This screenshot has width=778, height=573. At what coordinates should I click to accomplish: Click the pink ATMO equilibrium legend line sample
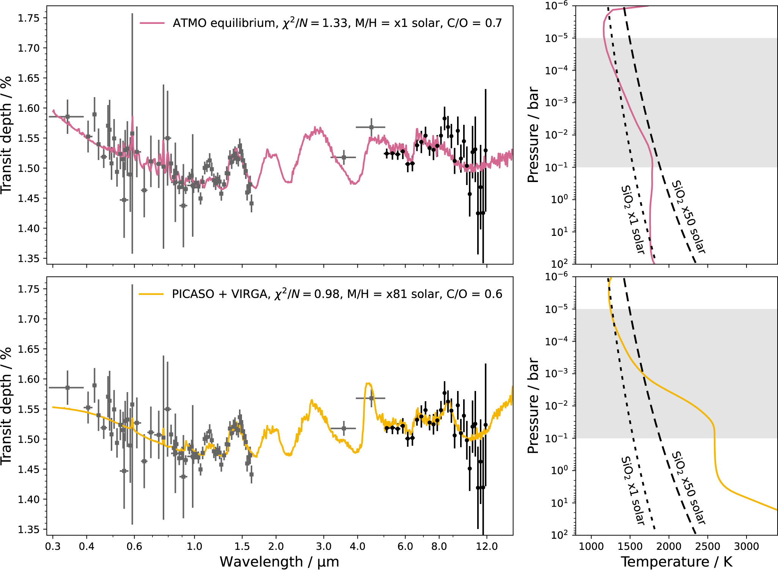[x=152, y=23]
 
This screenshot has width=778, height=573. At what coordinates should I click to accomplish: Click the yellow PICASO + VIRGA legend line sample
[x=151, y=294]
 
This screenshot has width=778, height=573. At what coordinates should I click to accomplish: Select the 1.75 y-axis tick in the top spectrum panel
[x=29, y=18]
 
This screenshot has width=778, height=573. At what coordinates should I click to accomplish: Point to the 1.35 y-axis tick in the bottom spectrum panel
[x=29, y=529]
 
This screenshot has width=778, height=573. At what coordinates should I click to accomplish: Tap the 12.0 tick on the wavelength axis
[x=487, y=546]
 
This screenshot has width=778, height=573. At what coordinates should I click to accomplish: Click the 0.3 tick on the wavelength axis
[x=53, y=546]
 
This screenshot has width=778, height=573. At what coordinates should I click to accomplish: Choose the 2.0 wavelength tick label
[x=276, y=546]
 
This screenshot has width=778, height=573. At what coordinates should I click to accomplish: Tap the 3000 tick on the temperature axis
[x=747, y=546]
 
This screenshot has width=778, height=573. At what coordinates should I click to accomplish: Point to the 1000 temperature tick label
[x=591, y=546]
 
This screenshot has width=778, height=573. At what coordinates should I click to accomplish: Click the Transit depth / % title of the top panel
[x=6, y=135]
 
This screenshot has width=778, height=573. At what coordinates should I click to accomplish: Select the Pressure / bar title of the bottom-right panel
[x=533, y=406]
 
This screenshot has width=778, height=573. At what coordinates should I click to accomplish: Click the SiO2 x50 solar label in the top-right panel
[x=688, y=217]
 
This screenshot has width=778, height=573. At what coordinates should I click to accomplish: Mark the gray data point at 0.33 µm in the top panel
[x=68, y=116]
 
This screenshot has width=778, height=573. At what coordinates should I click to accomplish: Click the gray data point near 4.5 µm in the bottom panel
[x=371, y=398]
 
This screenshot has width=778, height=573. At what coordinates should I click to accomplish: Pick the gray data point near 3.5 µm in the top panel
[x=344, y=157]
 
